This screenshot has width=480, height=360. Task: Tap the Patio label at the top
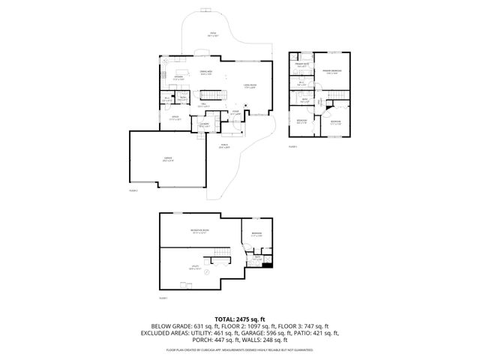tap(213, 34)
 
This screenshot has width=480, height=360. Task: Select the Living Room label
tap(250, 86)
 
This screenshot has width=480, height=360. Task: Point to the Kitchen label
tap(179, 77)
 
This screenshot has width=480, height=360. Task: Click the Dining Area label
tap(205, 72)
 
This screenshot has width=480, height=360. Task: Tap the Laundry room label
tap(204, 124)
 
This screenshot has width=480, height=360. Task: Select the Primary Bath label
tap(301, 65)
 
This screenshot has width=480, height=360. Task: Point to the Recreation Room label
tap(199, 232)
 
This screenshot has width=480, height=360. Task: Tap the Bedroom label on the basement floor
tap(256, 235)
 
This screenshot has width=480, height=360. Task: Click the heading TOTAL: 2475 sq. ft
tap(240, 319)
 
